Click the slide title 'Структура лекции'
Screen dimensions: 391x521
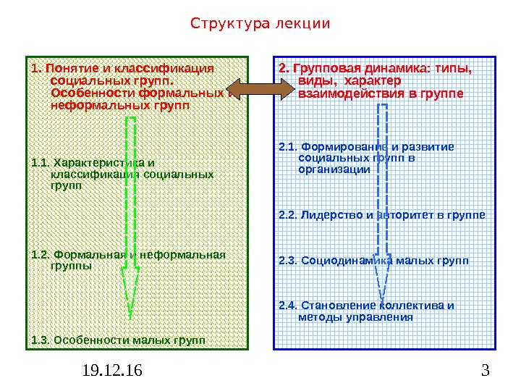[x=260, y=24]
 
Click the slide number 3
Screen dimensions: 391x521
[x=484, y=372]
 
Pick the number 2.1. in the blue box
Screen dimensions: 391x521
[x=288, y=147]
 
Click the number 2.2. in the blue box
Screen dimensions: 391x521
[x=288, y=215]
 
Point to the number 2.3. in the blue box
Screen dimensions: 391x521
[x=288, y=260]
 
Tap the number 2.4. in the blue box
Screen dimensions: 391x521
[x=288, y=305]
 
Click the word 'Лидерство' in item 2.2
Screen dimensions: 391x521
[x=326, y=215]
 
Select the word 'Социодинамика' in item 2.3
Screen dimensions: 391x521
[x=344, y=260]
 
